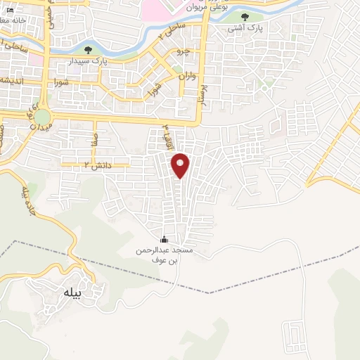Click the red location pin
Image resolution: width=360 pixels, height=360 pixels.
click(181, 165)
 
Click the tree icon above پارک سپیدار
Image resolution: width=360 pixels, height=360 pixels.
click(88, 50)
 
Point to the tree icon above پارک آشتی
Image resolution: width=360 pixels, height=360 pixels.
click(245, 17)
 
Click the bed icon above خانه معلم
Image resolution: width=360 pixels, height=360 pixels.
click(10, 11)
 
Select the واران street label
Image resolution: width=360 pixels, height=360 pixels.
click(186, 75)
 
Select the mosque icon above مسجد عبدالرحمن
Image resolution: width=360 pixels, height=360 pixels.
click(165, 239)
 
